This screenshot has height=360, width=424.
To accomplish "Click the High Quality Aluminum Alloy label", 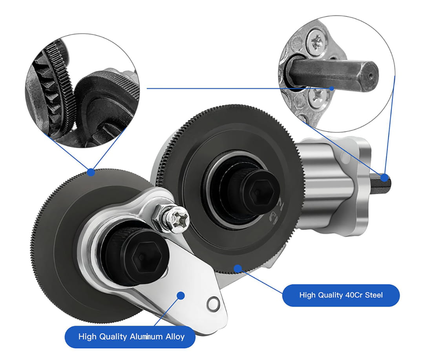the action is point(130,337).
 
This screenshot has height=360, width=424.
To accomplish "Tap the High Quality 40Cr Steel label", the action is point(341,295).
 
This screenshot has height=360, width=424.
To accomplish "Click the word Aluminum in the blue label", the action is point(146,337).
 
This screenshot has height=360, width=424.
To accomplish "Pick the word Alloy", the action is point(175,337).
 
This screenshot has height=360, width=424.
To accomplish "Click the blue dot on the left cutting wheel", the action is point(91,172).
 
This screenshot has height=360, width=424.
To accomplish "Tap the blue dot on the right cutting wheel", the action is point(238,269).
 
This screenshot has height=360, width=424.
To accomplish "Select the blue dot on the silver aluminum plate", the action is point(181,295).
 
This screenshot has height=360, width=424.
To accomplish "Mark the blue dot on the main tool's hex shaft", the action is point(384,178).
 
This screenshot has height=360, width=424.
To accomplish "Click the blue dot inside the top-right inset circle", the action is point(331,88).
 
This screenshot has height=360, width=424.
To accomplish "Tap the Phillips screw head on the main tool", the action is point(178,219).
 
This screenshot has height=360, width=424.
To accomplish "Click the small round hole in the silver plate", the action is point(213,304).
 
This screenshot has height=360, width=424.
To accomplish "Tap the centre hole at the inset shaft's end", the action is point(371,76).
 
